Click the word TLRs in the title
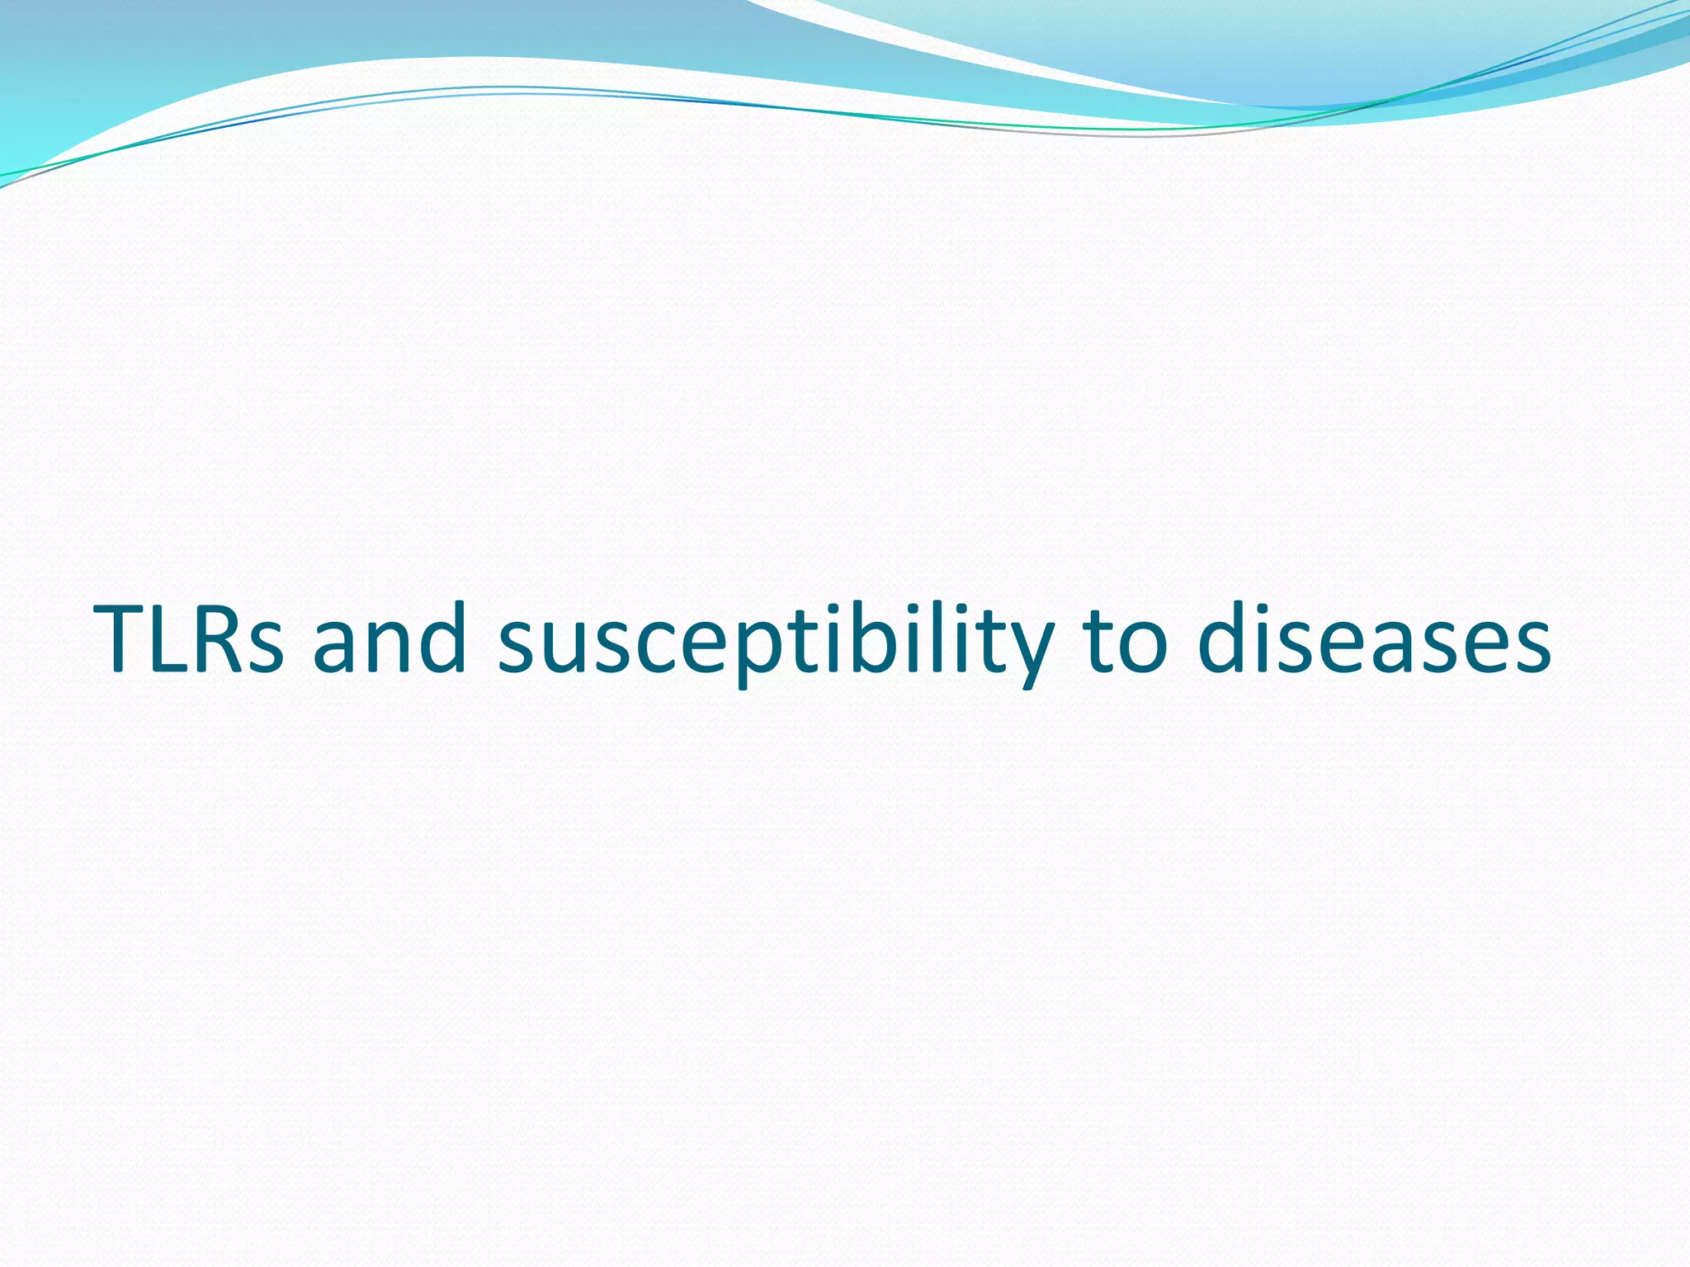point(190,639)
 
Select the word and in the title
point(389,639)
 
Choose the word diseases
point(1373,639)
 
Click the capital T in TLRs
point(124,639)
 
